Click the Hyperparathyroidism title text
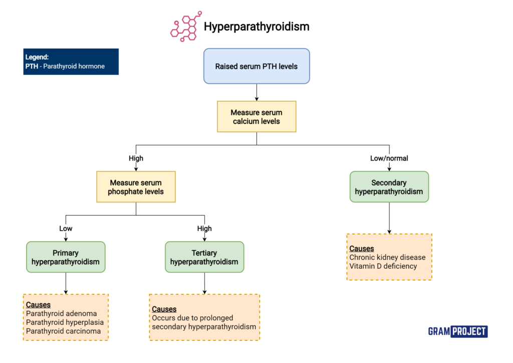[x=256, y=27]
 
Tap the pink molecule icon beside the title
[x=185, y=27]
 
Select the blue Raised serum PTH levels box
[x=256, y=66]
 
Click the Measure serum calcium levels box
[x=256, y=117]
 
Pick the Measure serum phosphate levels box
[x=136, y=187]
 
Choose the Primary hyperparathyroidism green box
[x=66, y=257]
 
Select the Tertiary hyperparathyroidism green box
[x=204, y=257]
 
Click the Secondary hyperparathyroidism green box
[x=389, y=187]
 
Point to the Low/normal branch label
[x=389, y=158]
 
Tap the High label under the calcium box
[x=136, y=158]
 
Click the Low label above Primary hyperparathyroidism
[x=66, y=229]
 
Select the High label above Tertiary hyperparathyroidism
[x=204, y=229]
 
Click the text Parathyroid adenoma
[x=61, y=313]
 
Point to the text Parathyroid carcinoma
[x=63, y=331]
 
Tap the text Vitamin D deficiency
[x=383, y=266]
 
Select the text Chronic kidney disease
[x=387, y=257]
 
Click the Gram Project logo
[x=457, y=331]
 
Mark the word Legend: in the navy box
[x=37, y=57]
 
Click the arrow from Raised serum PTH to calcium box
[x=256, y=92]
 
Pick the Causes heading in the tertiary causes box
[x=164, y=309]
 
